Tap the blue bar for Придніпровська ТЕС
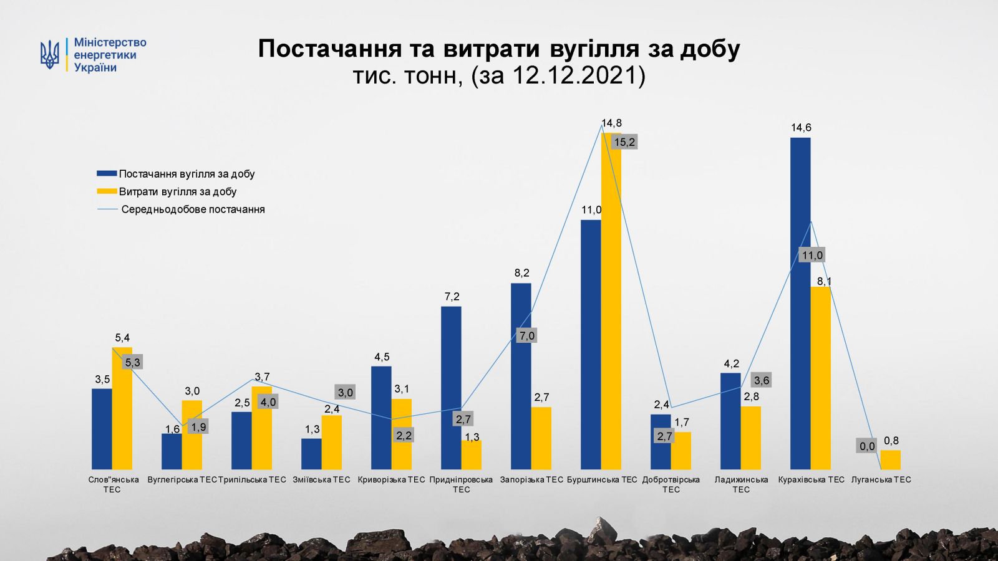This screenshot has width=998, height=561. (x=451, y=387)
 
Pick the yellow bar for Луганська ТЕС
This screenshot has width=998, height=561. (x=891, y=459)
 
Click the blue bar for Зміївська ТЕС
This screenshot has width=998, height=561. (x=311, y=453)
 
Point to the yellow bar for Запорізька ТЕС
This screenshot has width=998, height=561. (x=541, y=438)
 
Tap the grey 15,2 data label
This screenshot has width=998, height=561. (x=624, y=142)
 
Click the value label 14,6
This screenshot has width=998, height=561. (x=801, y=128)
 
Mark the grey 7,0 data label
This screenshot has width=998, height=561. (x=526, y=335)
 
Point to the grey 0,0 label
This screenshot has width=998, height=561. (x=867, y=446)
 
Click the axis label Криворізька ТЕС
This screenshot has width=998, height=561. (x=391, y=479)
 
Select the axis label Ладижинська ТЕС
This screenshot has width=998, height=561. (x=741, y=484)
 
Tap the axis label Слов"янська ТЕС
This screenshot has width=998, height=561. (x=113, y=484)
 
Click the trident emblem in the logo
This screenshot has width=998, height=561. (x=50, y=54)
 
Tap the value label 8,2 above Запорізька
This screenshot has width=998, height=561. (x=521, y=272)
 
